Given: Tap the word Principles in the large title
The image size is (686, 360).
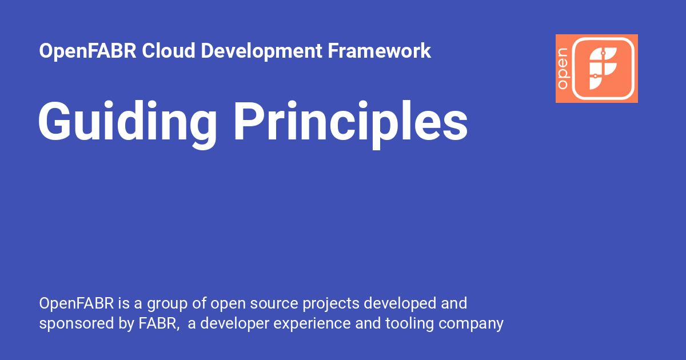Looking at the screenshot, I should point(350,122).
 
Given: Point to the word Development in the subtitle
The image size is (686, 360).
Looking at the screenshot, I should point(262,51).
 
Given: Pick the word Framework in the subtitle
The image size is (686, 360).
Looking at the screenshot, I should point(379,51).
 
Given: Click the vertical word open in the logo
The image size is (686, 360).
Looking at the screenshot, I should point(563,69).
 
